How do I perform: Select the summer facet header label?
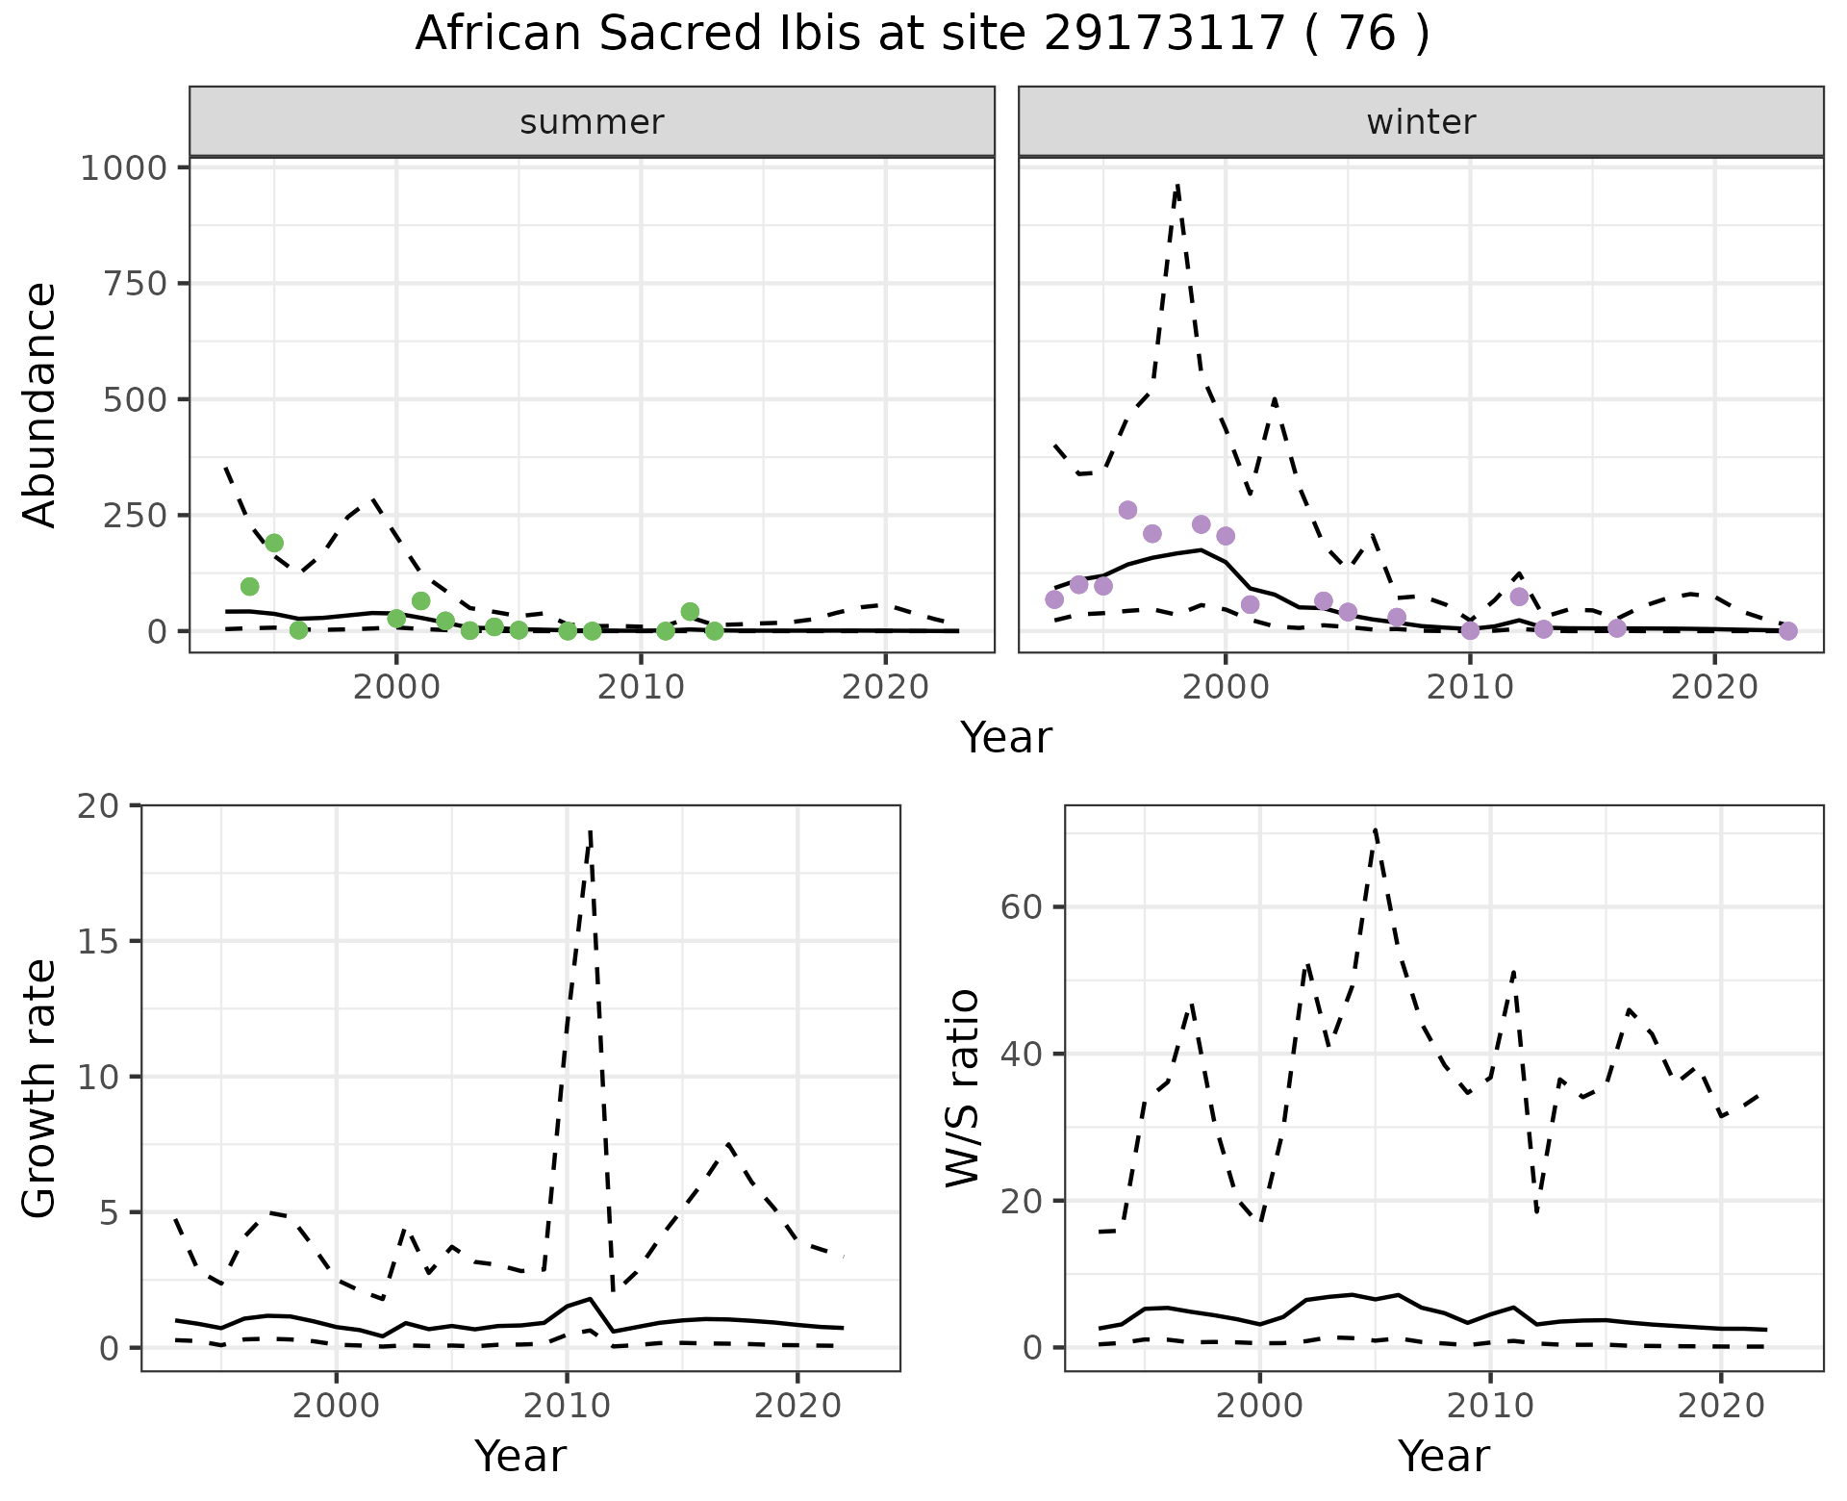[592, 122]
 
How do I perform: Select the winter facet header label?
[1421, 122]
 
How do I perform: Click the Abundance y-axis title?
[39, 405]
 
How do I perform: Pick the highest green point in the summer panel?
[274, 544]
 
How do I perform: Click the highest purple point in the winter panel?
[1127, 510]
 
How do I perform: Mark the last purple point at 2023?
[1787, 631]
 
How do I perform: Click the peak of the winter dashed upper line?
[1177, 184]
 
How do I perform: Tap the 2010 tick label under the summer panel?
[640, 688]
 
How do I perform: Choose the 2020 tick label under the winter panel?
[1714, 688]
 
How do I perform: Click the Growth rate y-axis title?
[39, 1088]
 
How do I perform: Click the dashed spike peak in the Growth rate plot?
[590, 829]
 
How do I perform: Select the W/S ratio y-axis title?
[963, 1088]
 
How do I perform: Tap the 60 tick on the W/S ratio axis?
[1022, 907]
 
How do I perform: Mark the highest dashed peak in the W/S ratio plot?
[1376, 828]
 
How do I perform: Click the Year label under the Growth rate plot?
[520, 1457]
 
